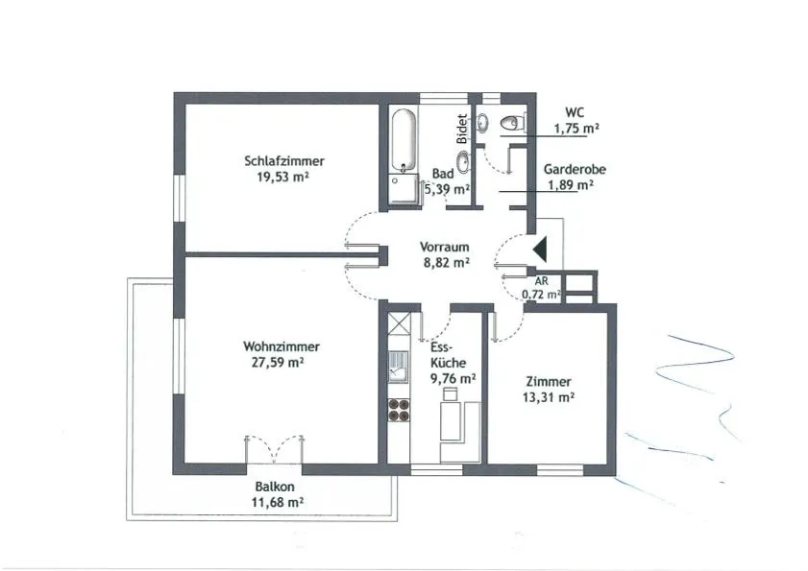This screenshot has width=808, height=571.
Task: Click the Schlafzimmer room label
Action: click(x=284, y=160)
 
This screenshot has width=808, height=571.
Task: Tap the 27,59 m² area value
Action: click(x=278, y=362)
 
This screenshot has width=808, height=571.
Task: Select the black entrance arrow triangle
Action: click(x=541, y=250)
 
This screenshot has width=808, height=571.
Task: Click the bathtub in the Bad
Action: click(x=403, y=141)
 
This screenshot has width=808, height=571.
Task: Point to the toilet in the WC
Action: click(x=512, y=123)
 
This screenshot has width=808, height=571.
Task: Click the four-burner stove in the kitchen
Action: click(x=399, y=411)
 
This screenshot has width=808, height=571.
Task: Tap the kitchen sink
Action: click(x=399, y=366)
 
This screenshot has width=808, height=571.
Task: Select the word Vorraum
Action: click(x=444, y=247)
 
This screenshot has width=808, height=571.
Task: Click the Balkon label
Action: click(x=275, y=486)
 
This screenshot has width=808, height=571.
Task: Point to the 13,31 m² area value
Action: click(x=549, y=397)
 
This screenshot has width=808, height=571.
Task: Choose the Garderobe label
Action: click(x=575, y=169)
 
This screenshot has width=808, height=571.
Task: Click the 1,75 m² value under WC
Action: click(x=576, y=129)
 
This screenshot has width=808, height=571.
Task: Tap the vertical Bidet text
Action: click(x=462, y=129)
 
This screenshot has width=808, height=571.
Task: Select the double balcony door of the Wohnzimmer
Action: click(x=274, y=450)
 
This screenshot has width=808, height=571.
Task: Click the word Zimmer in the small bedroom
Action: click(x=549, y=382)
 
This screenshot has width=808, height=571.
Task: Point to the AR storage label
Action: click(x=541, y=281)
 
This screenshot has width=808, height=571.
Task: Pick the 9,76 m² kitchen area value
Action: click(x=453, y=378)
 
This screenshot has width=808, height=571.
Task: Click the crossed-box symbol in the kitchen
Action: click(x=399, y=323)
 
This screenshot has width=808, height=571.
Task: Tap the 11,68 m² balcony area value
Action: click(x=278, y=502)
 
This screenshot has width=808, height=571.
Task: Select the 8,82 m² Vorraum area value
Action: click(x=446, y=263)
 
